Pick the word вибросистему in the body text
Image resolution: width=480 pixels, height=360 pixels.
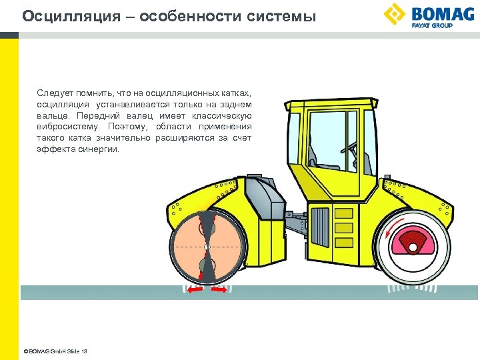(67, 127)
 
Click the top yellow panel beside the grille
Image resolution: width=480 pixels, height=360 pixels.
(343, 213)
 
